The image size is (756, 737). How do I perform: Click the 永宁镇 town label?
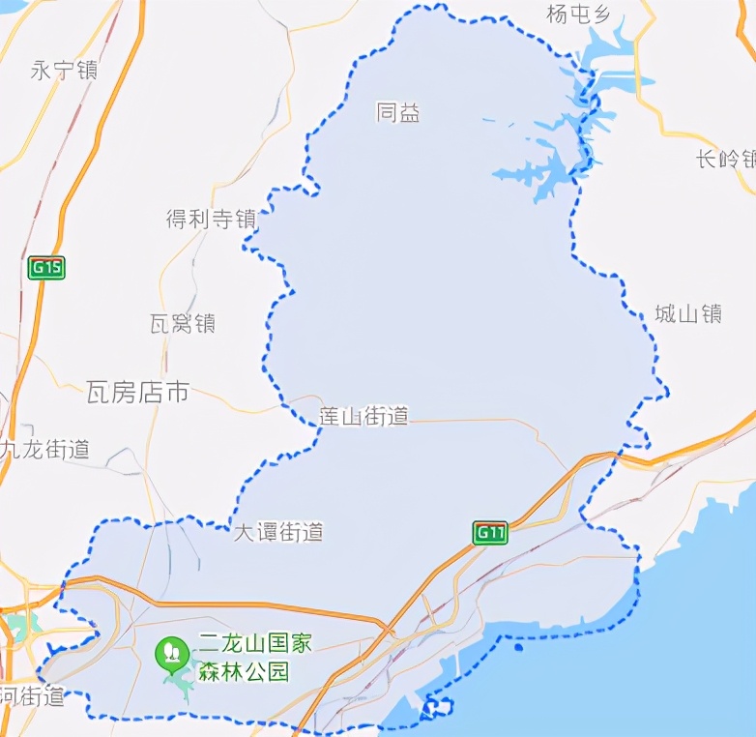point(64,71)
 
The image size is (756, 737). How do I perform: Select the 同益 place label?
point(398,113)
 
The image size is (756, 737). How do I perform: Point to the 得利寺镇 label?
point(210,220)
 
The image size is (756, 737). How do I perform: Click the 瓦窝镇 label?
point(183,324)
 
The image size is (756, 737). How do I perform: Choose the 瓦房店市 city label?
point(137,393)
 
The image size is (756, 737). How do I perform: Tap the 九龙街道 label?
point(45,449)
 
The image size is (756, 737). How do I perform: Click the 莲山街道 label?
point(363,417)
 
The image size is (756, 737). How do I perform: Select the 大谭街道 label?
point(278,532)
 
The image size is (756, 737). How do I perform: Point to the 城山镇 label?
point(688,313)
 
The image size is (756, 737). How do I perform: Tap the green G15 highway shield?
point(45,268)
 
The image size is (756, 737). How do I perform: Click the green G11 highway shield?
point(490,532)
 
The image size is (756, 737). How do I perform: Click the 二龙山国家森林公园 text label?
point(257,656)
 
